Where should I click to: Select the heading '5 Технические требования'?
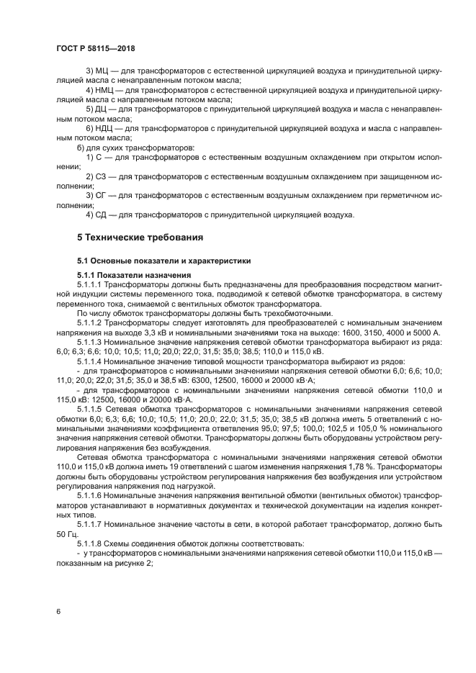pyautogui.click(x=140, y=237)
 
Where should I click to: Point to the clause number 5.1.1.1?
pyautogui.click(x=91, y=284)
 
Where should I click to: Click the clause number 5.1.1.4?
pyautogui.click(x=91, y=360)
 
